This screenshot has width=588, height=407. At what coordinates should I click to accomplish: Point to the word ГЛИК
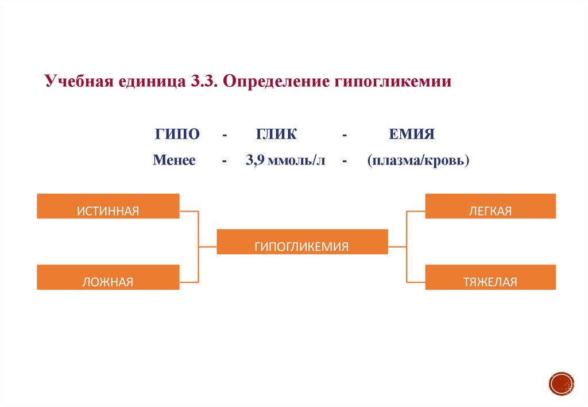coord(276,135)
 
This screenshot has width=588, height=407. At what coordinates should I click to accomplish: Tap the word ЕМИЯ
coord(412,135)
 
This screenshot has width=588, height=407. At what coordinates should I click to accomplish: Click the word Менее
coord(175,160)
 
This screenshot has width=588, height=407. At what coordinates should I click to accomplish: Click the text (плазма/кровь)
coord(419,160)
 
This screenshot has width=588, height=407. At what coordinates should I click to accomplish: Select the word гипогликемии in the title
coord(390,81)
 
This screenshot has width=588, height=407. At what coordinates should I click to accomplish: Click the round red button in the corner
coord(561,383)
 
